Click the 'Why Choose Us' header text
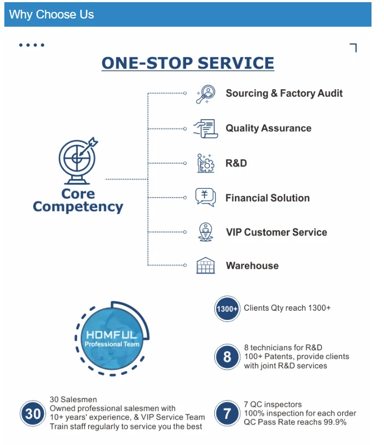click(52, 15)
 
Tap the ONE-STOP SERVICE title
click(188, 63)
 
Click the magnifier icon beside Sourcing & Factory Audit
click(206, 94)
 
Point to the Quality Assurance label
click(269, 128)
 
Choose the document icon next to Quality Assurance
click(206, 128)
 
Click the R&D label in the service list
click(236, 163)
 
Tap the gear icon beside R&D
click(206, 163)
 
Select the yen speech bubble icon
click(206, 197)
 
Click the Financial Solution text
click(268, 198)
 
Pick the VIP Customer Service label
click(276, 232)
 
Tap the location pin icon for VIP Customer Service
click(206, 232)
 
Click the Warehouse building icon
click(206, 265)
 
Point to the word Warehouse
click(252, 266)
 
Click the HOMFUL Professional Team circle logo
click(112, 338)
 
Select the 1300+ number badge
click(227, 309)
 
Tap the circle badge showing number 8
click(227, 357)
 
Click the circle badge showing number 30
click(33, 413)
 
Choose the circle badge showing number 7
click(227, 414)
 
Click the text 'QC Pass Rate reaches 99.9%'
click(295, 422)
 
